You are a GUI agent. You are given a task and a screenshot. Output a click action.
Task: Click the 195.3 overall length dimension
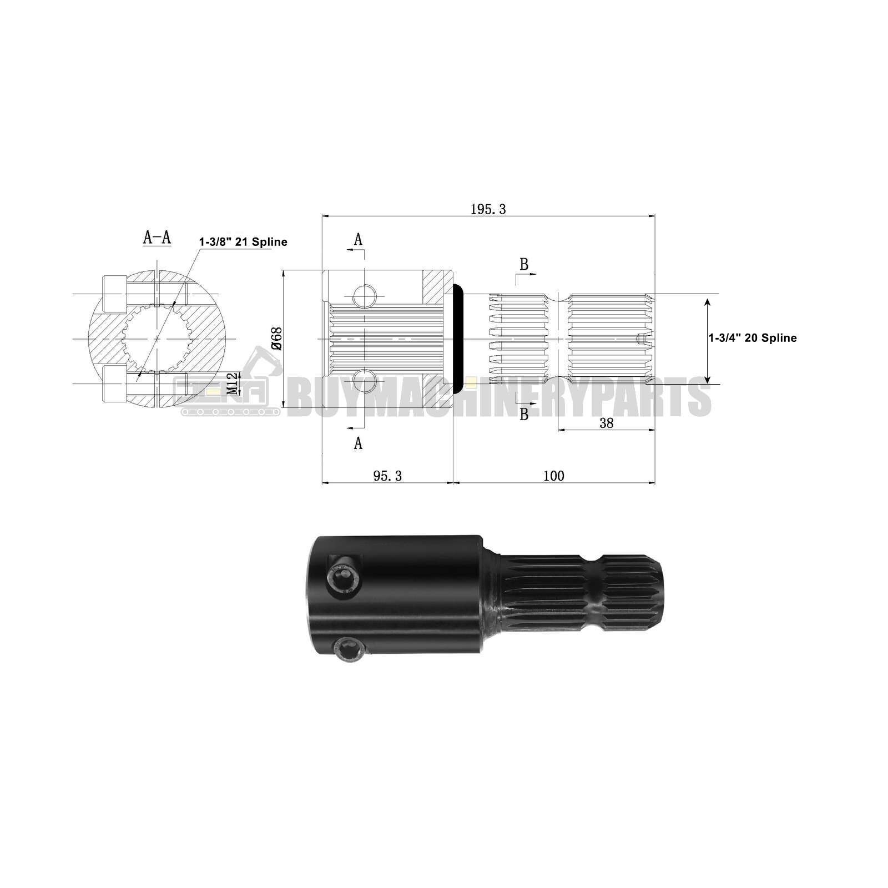point(488,209)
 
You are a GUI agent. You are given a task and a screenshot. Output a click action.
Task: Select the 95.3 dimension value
point(387,476)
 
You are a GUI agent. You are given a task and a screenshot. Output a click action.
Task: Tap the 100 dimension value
point(553,476)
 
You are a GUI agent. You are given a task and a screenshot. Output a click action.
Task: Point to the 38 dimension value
point(607,423)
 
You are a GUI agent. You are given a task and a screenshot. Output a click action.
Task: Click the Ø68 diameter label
point(277,339)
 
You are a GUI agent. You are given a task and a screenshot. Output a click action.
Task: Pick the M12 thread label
point(233,383)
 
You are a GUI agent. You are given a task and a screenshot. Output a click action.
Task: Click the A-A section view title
point(157,238)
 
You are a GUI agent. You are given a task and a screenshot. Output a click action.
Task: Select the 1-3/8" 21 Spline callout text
point(243,242)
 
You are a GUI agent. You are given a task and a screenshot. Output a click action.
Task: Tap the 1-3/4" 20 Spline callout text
point(752,338)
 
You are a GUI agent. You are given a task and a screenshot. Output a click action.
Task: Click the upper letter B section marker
point(524,265)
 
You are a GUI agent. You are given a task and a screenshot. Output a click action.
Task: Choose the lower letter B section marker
point(524,414)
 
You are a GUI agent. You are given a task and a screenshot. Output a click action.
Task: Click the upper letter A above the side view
point(358,239)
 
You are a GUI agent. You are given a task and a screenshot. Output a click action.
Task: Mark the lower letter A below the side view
point(358,443)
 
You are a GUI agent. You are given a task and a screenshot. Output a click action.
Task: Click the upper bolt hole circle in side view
point(365,296)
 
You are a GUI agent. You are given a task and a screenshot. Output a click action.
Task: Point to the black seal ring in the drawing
point(459,339)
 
